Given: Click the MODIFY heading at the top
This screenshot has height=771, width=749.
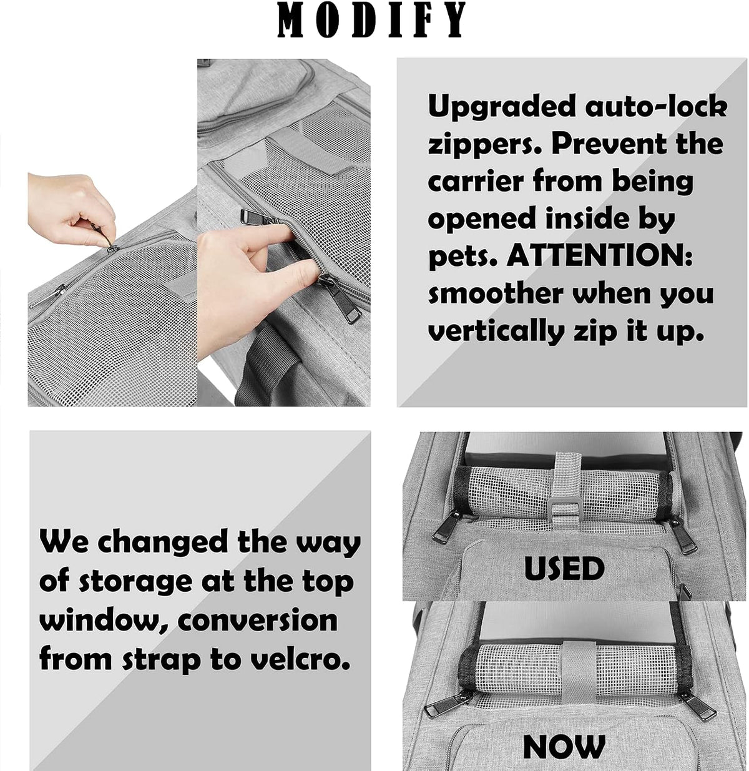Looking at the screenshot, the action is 371,20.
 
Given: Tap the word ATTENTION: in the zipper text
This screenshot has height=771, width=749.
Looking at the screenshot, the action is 599,257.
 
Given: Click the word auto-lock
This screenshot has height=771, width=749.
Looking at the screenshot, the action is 656,106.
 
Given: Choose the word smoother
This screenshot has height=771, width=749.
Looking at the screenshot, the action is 496,293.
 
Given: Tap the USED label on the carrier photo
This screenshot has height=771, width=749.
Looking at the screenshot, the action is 564,568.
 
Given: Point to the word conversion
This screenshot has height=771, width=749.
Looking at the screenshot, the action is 257,621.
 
